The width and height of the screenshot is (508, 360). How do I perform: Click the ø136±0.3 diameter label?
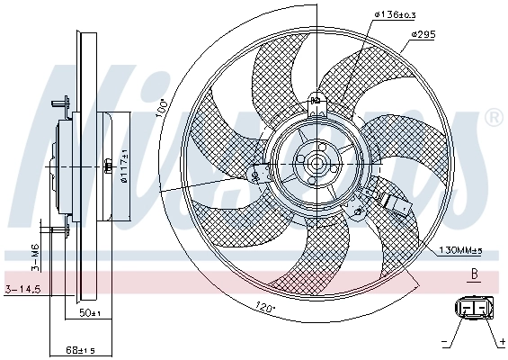(x=370, y=13)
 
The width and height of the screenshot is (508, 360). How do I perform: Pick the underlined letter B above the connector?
(x=474, y=274)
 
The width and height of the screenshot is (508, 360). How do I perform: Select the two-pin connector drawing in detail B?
(x=473, y=308)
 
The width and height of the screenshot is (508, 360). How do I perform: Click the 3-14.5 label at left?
(x=22, y=289)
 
